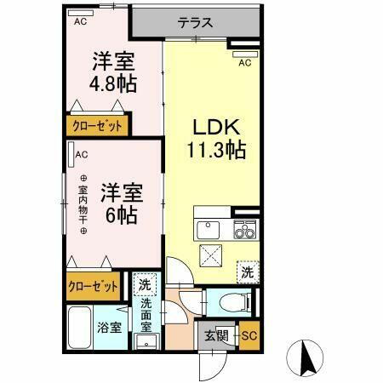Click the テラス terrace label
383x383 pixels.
pos(195,23)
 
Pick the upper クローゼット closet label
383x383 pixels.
pos(95,126)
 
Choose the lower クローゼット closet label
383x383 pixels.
pos(94,287)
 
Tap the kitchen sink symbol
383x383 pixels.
pos(209,229)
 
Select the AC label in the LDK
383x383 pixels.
pos(244,62)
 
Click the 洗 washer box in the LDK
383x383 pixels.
pos(246,272)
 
